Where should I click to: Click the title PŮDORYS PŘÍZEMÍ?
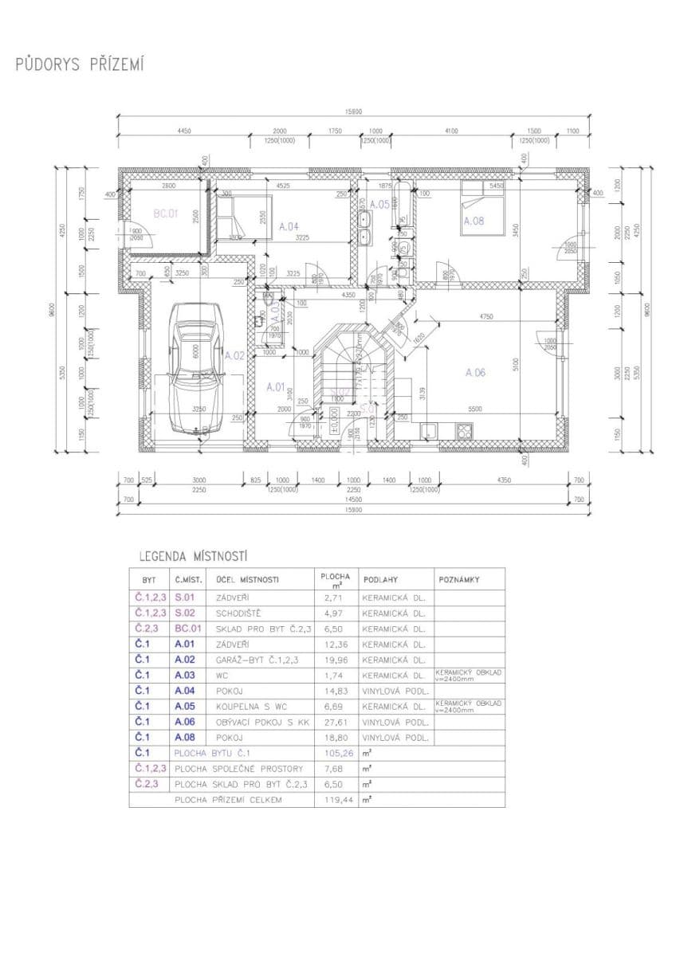click(x=79, y=65)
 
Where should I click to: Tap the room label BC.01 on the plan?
click(x=165, y=214)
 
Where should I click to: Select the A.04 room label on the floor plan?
click(x=289, y=225)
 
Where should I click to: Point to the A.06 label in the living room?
click(x=475, y=372)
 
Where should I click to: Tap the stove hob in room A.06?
click(x=464, y=431)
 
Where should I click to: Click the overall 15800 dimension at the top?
click(x=354, y=112)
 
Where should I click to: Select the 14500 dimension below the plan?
click(x=354, y=499)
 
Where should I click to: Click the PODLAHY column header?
click(x=380, y=579)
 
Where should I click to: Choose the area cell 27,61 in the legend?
click(x=333, y=722)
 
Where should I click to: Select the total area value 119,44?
click(x=333, y=799)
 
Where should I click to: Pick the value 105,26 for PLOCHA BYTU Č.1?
click(x=333, y=753)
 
